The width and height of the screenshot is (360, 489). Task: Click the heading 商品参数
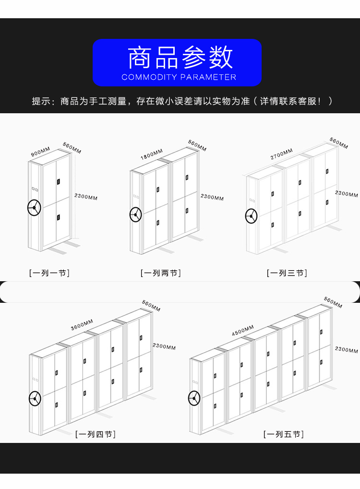(x=180, y=58)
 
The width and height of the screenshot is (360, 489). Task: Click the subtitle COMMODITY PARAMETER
(x=179, y=77)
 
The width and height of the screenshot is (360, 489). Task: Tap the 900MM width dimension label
(x=40, y=152)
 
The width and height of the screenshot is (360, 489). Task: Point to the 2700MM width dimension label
(x=281, y=154)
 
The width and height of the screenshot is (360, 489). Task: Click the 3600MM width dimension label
(x=82, y=324)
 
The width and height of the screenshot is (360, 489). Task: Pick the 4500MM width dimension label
(x=242, y=330)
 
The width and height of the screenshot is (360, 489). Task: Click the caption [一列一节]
(x=49, y=273)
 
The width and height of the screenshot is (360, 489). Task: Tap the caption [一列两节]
(x=161, y=273)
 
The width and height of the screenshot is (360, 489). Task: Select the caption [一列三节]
(x=287, y=273)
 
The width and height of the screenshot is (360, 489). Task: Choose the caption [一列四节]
(x=96, y=434)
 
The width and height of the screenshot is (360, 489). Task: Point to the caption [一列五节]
(x=283, y=434)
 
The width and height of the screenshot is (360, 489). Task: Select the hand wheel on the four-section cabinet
(x=35, y=398)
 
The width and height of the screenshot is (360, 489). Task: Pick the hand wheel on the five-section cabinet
(x=194, y=398)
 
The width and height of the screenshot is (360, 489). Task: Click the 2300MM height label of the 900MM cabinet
(x=86, y=197)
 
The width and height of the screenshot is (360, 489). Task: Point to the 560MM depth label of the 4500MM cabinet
(x=333, y=302)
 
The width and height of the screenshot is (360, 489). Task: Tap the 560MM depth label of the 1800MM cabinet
(x=197, y=145)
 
